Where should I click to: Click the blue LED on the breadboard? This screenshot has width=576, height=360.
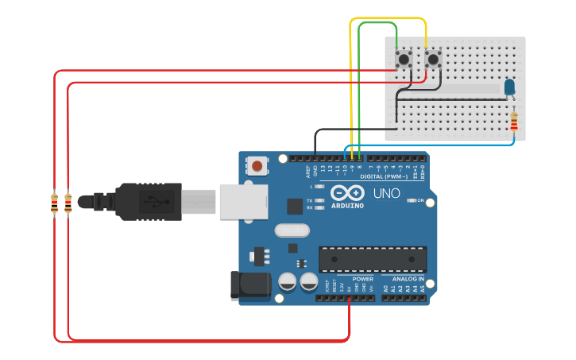[509, 86]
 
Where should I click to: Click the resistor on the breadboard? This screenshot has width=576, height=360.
[514, 122]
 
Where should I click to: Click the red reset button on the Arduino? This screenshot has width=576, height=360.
[257, 166]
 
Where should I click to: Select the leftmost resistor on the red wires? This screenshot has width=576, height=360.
[54, 203]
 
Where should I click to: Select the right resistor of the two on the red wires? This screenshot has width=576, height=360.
[68, 203]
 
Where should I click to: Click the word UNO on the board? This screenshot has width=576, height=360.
[387, 193]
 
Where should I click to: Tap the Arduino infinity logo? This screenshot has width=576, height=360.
[347, 193]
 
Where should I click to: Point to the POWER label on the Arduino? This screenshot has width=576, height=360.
[362, 279]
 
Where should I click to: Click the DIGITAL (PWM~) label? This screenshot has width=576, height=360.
[384, 176]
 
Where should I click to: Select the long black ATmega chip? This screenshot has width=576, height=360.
[373, 259]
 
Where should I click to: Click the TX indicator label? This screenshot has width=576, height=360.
[309, 200]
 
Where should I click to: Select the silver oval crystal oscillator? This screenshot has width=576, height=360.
[291, 231]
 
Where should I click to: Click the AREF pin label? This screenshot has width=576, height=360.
[307, 171]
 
